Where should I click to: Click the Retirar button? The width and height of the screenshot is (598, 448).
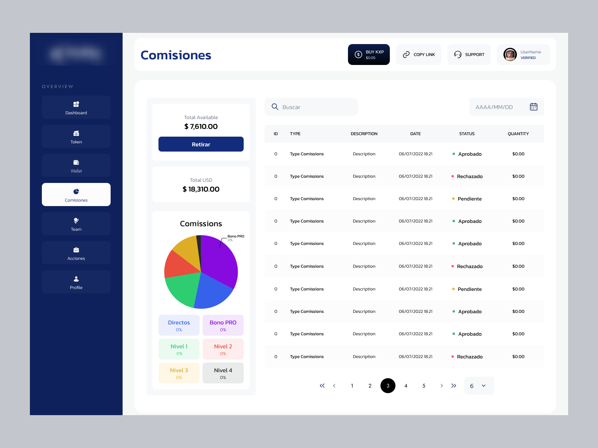pos(201,144)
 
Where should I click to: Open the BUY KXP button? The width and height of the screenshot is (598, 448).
pos(369,55)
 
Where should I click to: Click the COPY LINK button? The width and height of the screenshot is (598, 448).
pos(418,55)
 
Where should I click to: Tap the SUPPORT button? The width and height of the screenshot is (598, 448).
pos(469,55)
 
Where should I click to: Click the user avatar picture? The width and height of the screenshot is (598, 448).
pos(510,55)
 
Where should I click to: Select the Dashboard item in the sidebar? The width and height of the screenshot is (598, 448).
pos(76,108)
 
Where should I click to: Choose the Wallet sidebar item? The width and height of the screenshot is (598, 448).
pos(76,166)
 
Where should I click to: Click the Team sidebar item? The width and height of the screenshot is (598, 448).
pos(76,224)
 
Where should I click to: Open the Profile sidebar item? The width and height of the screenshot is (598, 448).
pos(76,282)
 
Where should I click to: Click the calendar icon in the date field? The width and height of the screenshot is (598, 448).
pos(533,107)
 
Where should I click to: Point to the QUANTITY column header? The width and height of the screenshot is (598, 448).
pos(518,134)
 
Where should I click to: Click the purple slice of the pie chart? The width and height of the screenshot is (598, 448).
pos(221,258)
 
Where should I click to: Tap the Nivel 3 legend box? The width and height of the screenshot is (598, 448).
pos(179,373)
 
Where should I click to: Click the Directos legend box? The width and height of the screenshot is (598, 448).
pos(179,325)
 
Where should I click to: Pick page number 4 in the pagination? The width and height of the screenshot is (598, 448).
pos(406,386)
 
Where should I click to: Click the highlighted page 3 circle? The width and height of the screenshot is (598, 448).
pos(388,386)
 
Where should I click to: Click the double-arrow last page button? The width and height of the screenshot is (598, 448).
pos(454,386)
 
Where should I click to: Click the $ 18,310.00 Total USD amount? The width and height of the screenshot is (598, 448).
pos(201,189)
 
